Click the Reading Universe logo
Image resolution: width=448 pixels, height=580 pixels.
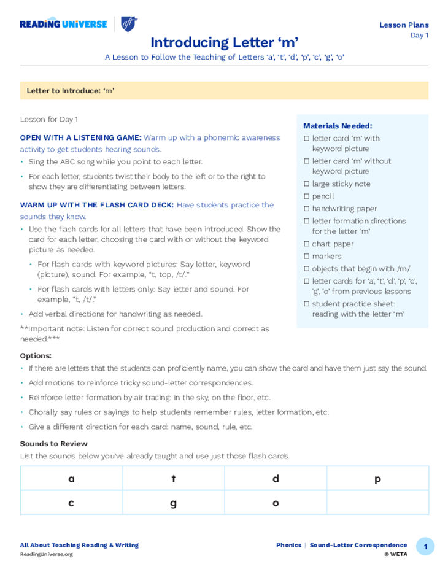coord(63,24)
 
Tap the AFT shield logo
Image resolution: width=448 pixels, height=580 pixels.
coord(129,24)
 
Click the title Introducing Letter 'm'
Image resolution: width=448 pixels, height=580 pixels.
coord(224,42)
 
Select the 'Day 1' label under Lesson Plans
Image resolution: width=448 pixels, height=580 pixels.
coord(419,36)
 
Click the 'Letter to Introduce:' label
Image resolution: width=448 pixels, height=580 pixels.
coord(63,91)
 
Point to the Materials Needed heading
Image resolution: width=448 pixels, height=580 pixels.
coord(338,126)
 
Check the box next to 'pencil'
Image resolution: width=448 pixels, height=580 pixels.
coord(307,196)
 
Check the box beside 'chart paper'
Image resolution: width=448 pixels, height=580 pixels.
coord(307,244)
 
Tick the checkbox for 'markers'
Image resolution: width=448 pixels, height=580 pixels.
coord(307,256)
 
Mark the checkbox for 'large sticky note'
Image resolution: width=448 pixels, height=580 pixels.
coord(307,184)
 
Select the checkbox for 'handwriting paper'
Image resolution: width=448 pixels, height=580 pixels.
coord(307,209)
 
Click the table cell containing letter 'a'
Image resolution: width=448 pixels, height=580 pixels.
coord(71,479)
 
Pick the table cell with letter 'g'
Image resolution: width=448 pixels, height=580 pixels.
coord(173,503)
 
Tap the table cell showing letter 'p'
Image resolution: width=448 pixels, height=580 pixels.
coord(377,479)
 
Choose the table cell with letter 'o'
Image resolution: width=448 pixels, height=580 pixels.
coord(276,503)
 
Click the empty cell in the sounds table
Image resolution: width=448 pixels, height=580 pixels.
coord(377,503)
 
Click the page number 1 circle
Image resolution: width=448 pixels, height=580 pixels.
coord(425,546)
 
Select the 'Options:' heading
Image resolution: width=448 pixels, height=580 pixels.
coord(36,356)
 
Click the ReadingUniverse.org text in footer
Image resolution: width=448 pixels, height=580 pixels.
coord(46,554)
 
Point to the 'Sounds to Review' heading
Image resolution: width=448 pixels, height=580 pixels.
coord(53,444)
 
